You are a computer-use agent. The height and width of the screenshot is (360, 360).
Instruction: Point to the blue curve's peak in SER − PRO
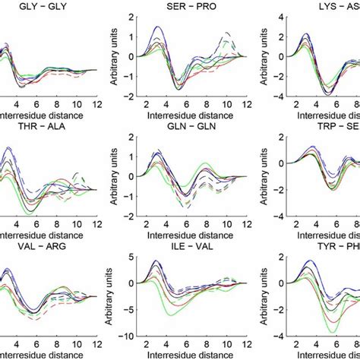[157, 27]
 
